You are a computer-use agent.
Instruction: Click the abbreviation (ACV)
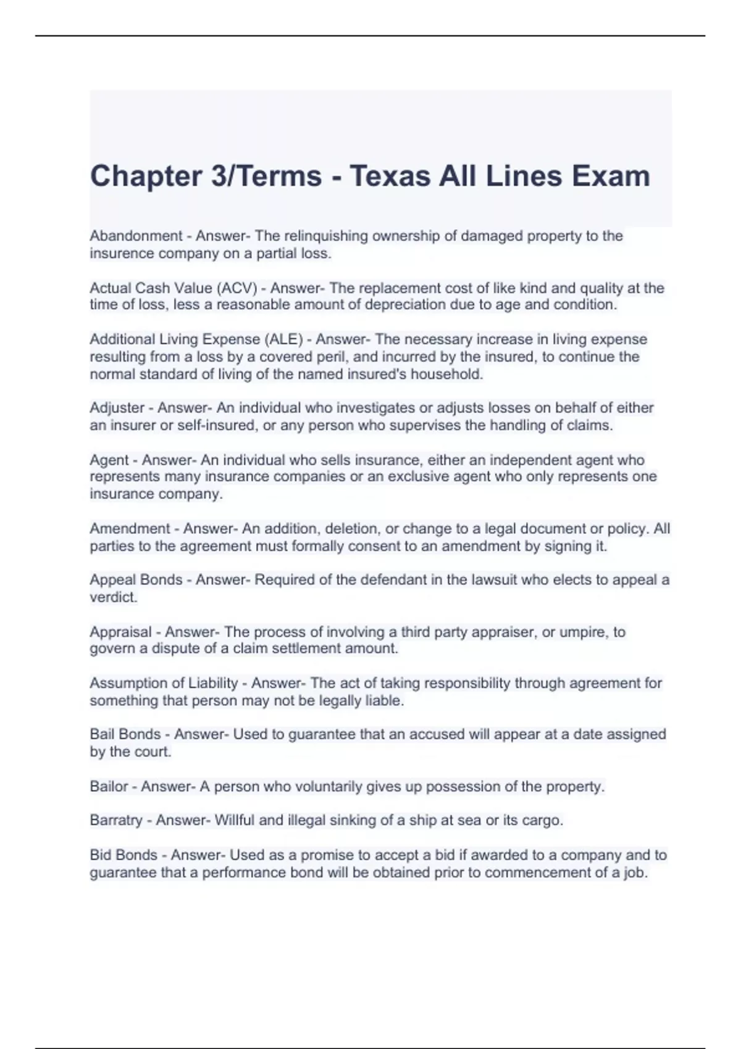(235, 288)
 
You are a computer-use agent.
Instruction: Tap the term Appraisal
(120, 632)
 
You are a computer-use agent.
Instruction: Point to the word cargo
(541, 821)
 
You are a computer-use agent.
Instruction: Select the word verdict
(113, 597)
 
